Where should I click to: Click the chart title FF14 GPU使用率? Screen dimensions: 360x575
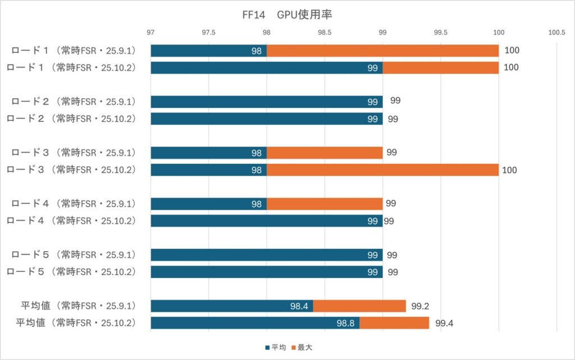point(287,15)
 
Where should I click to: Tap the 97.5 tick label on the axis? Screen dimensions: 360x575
point(208,33)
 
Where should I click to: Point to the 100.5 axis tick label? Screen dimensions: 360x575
point(556,33)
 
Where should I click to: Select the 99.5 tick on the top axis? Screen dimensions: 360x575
point(441,33)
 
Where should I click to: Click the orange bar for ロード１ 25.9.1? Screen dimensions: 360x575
point(382,51)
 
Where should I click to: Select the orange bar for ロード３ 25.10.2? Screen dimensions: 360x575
point(382,170)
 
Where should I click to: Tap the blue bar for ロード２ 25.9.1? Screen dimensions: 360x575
point(266,102)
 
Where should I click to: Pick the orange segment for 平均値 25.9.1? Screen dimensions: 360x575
point(359,306)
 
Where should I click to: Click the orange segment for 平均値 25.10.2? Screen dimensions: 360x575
point(394,323)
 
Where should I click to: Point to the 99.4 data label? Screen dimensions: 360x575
point(444,323)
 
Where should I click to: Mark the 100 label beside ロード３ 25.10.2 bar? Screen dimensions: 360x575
point(510,170)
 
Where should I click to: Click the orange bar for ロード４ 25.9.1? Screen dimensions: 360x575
point(325,203)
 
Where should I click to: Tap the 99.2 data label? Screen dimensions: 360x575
point(421,307)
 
